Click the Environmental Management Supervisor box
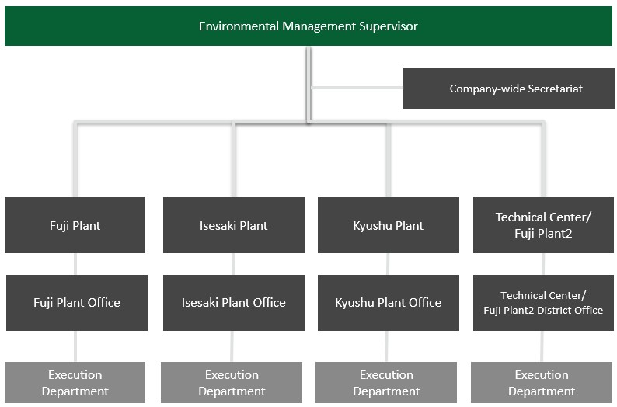pos(308,26)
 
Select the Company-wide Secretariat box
pos(509,88)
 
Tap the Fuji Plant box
pos(75,225)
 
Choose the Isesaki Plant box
pos(234,225)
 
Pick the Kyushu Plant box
pos(389,225)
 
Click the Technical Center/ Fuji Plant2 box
pos(543,225)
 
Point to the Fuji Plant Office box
pos(77,303)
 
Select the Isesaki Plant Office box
pos(234,303)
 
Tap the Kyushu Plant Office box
pos(389,303)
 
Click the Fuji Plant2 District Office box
pos(543,303)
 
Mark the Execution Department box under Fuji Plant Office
pos(75,383)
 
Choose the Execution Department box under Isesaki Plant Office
pos(232,383)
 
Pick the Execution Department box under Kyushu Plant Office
pos(386,383)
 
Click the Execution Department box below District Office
pos(542,383)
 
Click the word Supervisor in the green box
pos(389,26)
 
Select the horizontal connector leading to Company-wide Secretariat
pos(357,88)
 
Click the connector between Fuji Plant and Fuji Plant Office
pos(75,264)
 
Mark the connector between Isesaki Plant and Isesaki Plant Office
pos(233,264)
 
